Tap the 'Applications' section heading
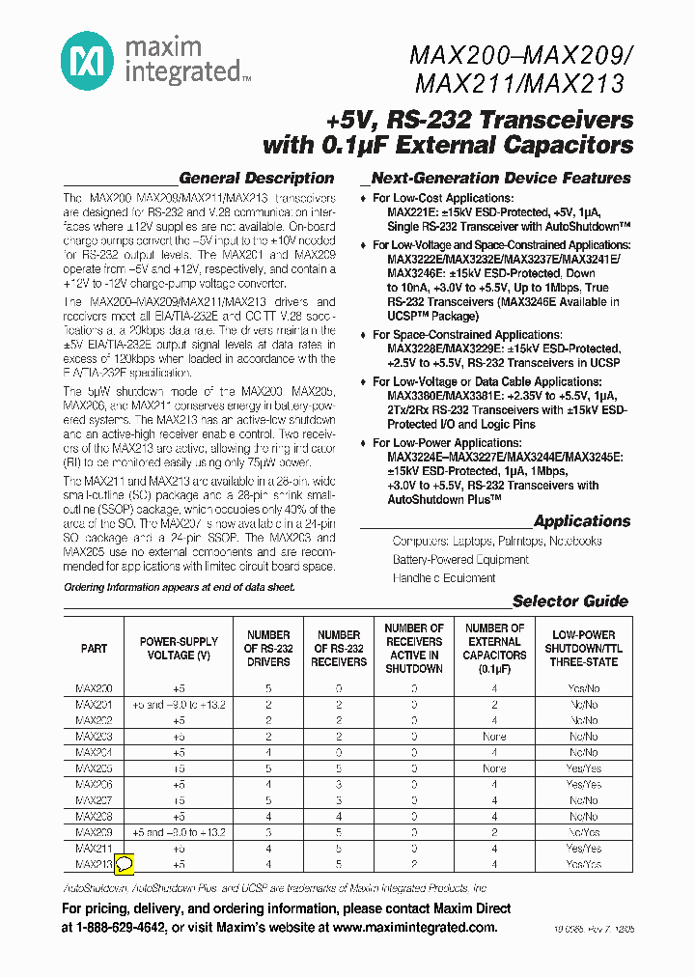pyautogui.click(x=581, y=520)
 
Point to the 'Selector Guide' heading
pyautogui.click(x=570, y=600)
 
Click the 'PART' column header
pyautogui.click(x=94, y=649)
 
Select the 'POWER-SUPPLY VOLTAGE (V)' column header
pyautogui.click(x=179, y=649)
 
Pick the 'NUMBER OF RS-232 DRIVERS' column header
pyautogui.click(x=268, y=649)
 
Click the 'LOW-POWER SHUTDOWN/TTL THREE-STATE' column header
pyautogui.click(x=584, y=649)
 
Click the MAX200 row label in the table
pyautogui.click(x=94, y=688)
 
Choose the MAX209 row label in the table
pyautogui.click(x=94, y=832)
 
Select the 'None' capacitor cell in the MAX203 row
pyautogui.click(x=493, y=737)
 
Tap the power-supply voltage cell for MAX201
pyautogui.click(x=179, y=705)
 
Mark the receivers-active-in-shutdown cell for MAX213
pyautogui.click(x=413, y=864)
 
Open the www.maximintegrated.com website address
pyautogui.click(x=414, y=928)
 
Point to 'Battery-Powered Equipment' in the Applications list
pyautogui.click(x=460, y=559)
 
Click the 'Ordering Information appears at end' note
pyautogui.click(x=180, y=587)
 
